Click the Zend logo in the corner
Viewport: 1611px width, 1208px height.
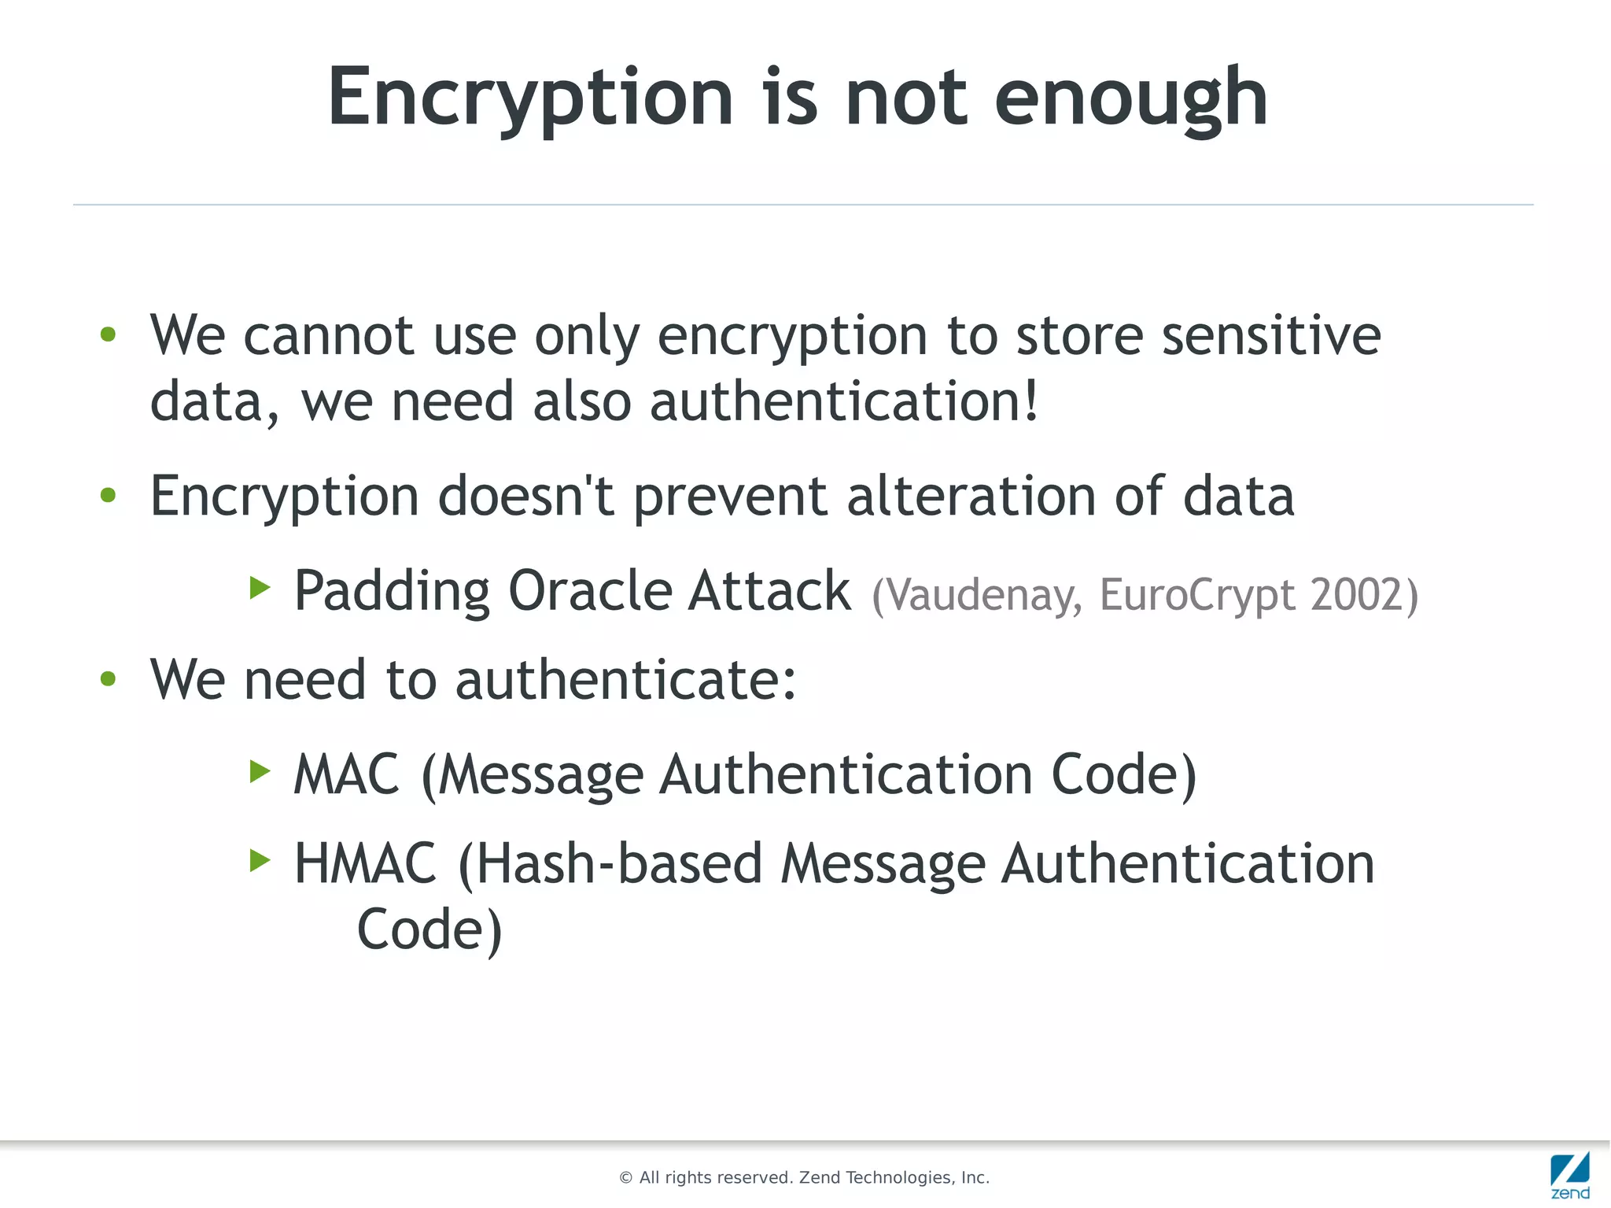click(1570, 1174)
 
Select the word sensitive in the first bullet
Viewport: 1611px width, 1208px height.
click(1271, 336)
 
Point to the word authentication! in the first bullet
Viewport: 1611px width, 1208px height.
click(844, 402)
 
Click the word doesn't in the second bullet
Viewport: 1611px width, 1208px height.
click(525, 497)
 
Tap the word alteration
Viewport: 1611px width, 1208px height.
click(971, 497)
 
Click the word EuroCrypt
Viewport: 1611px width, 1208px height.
click(1196, 595)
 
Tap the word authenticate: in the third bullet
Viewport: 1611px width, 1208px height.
click(625, 680)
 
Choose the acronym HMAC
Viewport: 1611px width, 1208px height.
click(365, 864)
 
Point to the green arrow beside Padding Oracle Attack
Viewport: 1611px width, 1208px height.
click(260, 587)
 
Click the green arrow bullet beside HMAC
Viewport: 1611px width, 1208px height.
click(260, 860)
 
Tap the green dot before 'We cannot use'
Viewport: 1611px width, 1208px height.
click(109, 334)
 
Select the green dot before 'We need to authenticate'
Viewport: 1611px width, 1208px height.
click(109, 678)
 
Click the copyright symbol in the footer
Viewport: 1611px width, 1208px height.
click(626, 1178)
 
